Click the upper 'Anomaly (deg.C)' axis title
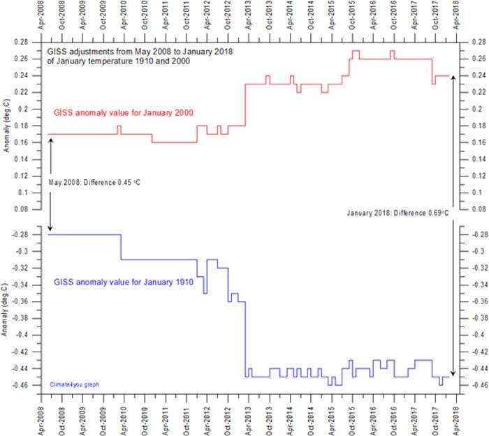[x=7, y=126]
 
